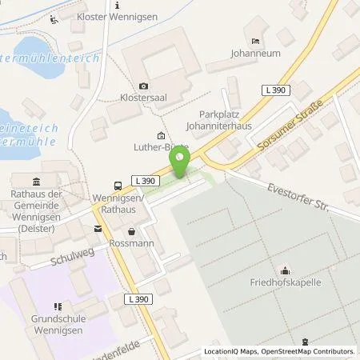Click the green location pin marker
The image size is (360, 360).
(x=179, y=166)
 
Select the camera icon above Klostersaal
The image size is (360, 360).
(x=143, y=86)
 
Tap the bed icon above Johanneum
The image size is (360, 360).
(x=254, y=42)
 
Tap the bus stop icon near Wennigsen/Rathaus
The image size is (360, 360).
(x=118, y=183)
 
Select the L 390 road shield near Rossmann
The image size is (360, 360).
(x=135, y=298)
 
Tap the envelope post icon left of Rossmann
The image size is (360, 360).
(x=98, y=229)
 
